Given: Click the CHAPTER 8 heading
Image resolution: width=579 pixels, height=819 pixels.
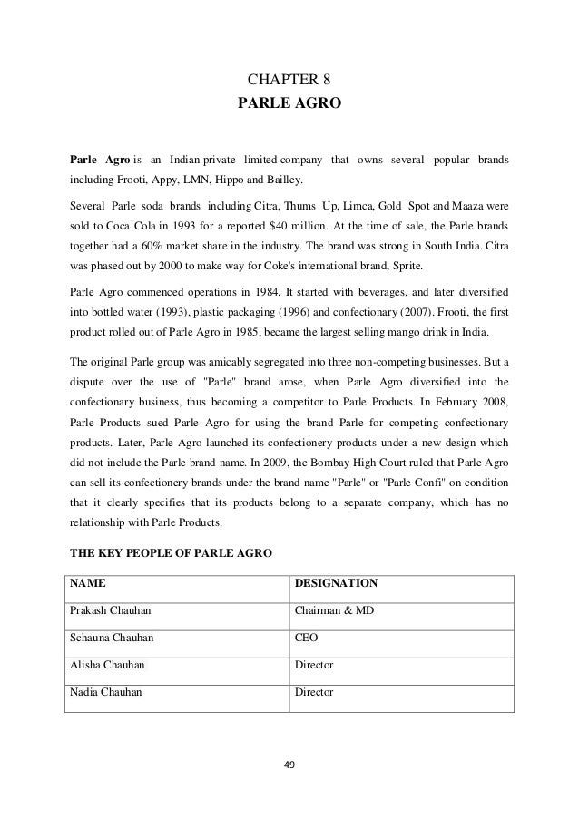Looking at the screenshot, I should (289, 78).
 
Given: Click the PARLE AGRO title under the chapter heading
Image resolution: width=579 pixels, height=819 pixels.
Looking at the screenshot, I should (289, 104).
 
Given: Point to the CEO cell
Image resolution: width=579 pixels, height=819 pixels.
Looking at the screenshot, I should (306, 638).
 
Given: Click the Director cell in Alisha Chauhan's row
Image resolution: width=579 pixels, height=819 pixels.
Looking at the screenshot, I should (314, 665).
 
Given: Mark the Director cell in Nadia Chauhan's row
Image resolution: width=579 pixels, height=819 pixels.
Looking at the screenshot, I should (314, 693).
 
